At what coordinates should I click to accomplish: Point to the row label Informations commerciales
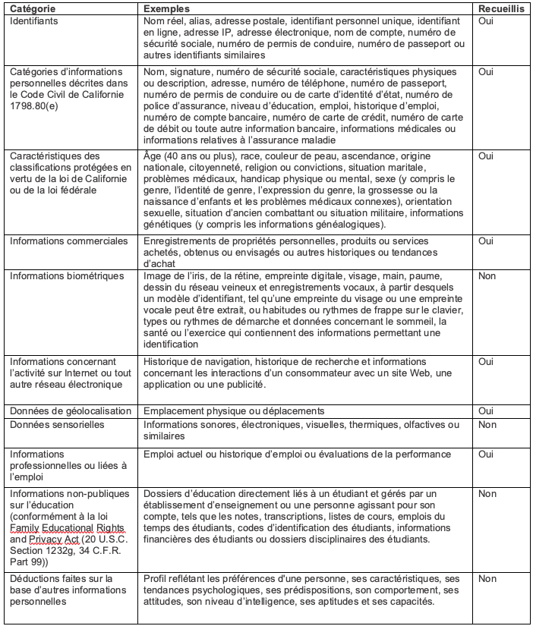68,241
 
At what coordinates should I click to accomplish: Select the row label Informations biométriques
66,275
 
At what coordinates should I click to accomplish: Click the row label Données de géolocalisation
71,411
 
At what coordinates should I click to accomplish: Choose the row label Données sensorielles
57,424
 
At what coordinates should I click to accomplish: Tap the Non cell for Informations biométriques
487,275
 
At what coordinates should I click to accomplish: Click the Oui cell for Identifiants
486,21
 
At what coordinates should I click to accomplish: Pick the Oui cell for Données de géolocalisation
486,411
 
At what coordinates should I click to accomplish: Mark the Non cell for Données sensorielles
487,424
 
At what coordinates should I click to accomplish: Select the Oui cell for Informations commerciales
486,241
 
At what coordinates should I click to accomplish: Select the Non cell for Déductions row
487,579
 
